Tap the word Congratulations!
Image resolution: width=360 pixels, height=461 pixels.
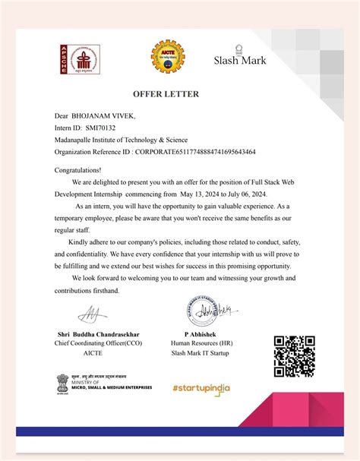pyautogui.click(x=77, y=171)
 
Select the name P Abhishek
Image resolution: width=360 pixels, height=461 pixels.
pyautogui.click(x=202, y=333)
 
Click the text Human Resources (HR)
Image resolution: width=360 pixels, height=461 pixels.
pyautogui.click(x=202, y=343)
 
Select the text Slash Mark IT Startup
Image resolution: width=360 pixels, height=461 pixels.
pyautogui.click(x=202, y=353)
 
